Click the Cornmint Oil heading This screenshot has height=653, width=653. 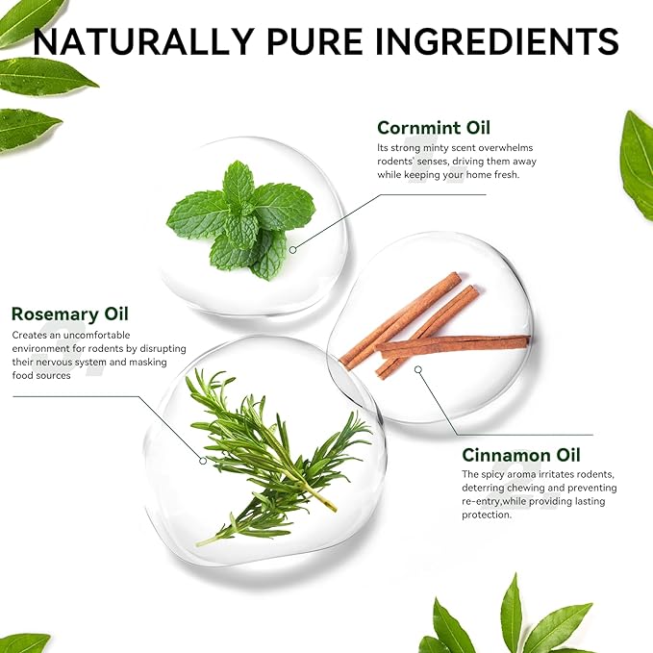tap(434, 128)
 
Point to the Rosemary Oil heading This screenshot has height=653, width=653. tap(70, 314)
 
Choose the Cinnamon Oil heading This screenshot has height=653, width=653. tap(520, 455)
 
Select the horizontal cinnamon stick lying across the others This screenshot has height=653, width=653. tap(453, 344)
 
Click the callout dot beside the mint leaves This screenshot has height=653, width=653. tap(292, 250)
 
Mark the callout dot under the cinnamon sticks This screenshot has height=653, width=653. tap(418, 369)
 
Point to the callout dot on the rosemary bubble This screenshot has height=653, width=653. tap(203, 461)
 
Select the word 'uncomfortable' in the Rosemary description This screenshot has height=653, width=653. tap(96, 336)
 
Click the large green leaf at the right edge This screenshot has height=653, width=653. tap(637, 164)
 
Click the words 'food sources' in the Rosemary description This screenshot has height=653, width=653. tap(41, 376)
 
